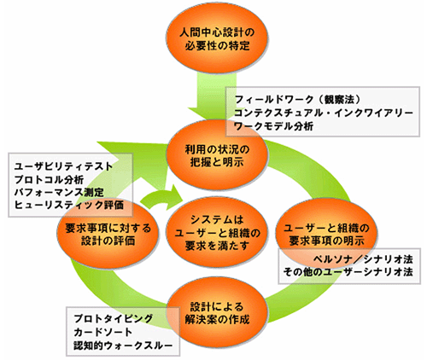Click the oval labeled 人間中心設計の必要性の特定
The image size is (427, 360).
217,39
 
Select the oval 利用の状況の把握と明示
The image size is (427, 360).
217,155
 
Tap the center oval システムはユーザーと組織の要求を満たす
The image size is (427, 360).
217,233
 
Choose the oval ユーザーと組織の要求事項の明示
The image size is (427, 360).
326,234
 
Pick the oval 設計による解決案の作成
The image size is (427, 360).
217,313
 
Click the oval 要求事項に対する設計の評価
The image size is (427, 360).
108,234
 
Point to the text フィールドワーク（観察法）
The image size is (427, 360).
298,100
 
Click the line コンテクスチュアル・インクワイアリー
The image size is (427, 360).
323,113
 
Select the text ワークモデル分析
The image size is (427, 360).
273,125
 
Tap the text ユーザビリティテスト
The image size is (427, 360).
63,166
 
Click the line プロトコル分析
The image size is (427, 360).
49,179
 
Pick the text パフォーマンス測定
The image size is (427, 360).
59,192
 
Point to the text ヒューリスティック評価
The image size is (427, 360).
69,205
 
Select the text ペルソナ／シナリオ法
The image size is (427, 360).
363,259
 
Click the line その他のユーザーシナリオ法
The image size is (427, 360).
348,272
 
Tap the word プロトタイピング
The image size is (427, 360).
114,318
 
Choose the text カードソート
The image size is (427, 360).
103,332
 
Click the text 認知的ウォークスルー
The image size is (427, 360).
123,345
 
